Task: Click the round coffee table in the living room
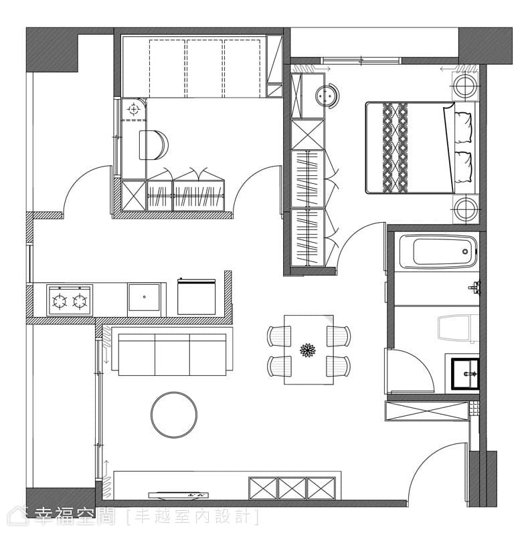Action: (174, 415)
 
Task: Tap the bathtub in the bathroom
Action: (438, 251)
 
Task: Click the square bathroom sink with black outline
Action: (465, 374)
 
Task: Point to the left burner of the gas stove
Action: (60, 301)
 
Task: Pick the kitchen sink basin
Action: (144, 297)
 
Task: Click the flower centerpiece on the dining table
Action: (308, 350)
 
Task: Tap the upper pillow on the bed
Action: (463, 128)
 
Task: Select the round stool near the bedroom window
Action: (327, 96)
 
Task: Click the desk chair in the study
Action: (153, 144)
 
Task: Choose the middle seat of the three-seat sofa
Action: (172, 354)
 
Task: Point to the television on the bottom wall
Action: (178, 495)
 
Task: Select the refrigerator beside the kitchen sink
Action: (196, 296)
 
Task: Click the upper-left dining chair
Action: (279, 336)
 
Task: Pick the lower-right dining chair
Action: (338, 366)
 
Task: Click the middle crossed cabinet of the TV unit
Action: (292, 488)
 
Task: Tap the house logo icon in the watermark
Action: (18, 516)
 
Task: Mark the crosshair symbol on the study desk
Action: (134, 110)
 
